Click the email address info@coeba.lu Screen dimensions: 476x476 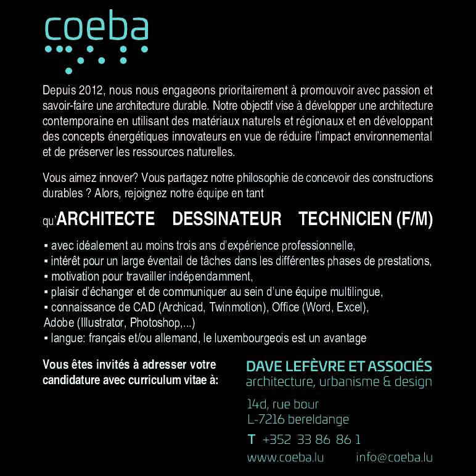(394, 458)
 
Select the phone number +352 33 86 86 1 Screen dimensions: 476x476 (311, 440)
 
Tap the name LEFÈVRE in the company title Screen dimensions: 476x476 (307, 366)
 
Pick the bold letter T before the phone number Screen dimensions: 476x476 (251, 440)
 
